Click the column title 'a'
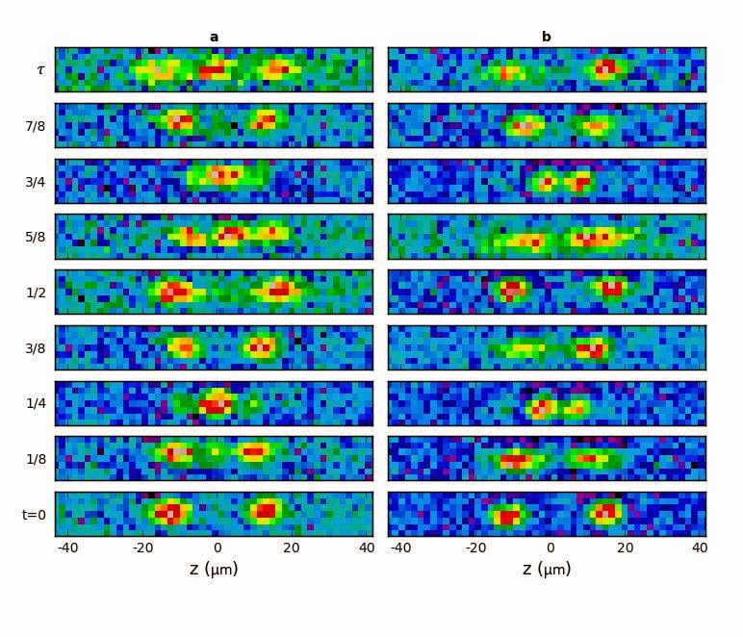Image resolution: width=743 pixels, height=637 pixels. (214, 38)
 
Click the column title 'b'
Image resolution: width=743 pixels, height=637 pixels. (546, 38)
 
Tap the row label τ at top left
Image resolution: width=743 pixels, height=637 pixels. (39, 69)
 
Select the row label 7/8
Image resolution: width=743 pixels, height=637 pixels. (36, 126)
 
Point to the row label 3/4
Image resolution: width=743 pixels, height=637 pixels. (36, 181)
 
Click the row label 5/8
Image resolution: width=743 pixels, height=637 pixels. (36, 237)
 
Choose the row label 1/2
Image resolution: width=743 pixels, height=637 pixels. (36, 293)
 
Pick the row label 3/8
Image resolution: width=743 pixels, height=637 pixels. (36, 347)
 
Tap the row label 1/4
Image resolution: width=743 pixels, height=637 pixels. (36, 403)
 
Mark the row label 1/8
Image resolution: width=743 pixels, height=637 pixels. (36, 459)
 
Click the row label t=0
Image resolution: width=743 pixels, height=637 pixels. (34, 514)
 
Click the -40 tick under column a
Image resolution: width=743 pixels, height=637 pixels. (67, 548)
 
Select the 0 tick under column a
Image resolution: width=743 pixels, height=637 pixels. (218, 548)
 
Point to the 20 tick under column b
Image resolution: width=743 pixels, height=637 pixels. (626, 548)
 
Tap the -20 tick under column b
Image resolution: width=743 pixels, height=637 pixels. (474, 548)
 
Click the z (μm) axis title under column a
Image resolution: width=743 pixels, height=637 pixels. (214, 569)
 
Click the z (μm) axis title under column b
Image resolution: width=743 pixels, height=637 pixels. (547, 569)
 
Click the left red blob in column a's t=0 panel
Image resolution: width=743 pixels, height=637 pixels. (171, 512)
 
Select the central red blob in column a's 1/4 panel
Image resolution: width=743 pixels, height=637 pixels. (216, 401)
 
